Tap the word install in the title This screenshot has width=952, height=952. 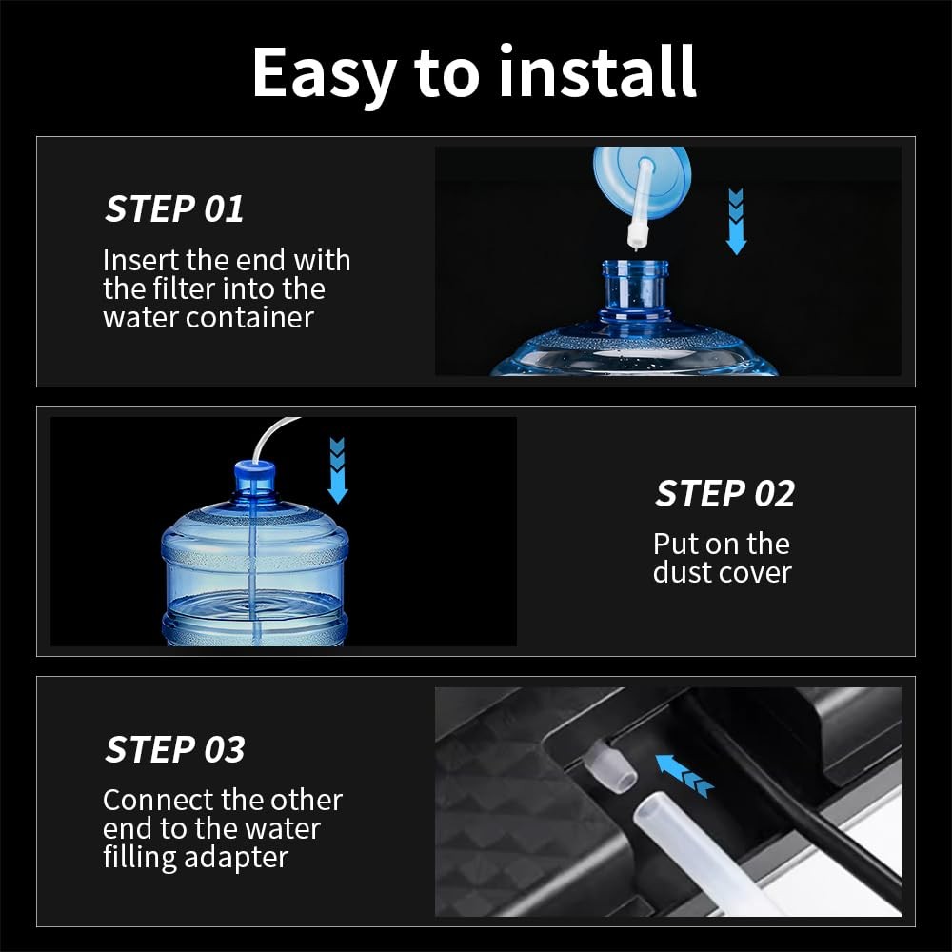[x=598, y=71]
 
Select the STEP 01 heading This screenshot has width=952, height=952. [x=174, y=208]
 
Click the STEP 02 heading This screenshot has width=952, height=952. [x=724, y=493]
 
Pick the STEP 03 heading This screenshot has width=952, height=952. [x=175, y=749]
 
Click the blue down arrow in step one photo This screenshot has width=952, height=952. [x=736, y=222]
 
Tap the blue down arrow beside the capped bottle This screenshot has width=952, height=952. [x=338, y=470]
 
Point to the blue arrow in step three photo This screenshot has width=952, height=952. [x=684, y=775]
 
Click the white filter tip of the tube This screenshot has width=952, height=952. [x=636, y=236]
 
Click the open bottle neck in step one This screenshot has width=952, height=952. [x=635, y=287]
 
